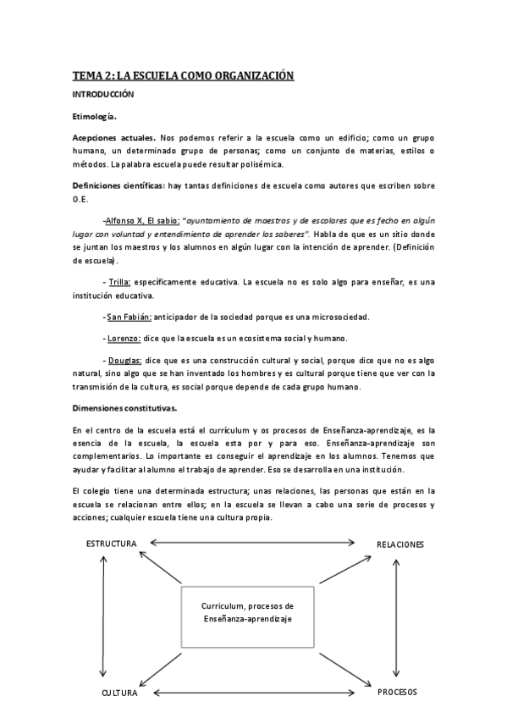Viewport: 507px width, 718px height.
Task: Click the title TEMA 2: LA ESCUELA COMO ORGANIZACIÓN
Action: click(x=183, y=76)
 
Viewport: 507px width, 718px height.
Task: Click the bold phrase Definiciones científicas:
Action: click(x=119, y=185)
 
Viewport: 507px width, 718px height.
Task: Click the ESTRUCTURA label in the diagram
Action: click(x=111, y=544)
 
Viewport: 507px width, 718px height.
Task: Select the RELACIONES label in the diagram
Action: click(x=400, y=544)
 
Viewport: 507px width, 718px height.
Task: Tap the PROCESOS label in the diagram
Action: click(x=397, y=692)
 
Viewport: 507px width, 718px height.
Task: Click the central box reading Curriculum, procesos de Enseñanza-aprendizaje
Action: click(x=247, y=614)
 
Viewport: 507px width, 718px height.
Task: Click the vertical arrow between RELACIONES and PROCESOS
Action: click(x=397, y=617)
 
